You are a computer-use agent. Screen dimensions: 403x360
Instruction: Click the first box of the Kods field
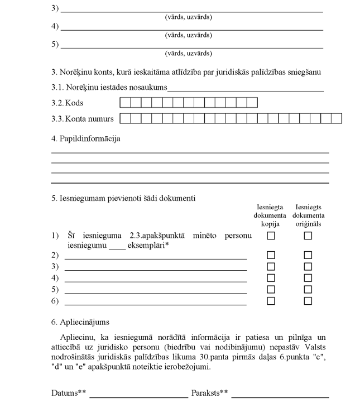pos(125,103)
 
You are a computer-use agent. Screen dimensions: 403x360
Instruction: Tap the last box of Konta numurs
pos(337,118)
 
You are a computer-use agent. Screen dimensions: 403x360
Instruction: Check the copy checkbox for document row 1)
pos(271,236)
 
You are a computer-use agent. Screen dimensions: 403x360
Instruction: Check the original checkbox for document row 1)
pos(308,236)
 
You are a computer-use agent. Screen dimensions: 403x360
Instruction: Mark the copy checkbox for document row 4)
pos(271,278)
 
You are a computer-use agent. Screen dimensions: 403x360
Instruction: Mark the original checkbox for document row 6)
pos(308,301)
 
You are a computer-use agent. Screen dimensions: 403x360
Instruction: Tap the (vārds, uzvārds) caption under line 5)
pos(188,54)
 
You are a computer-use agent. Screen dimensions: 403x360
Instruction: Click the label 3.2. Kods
pos(67,103)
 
